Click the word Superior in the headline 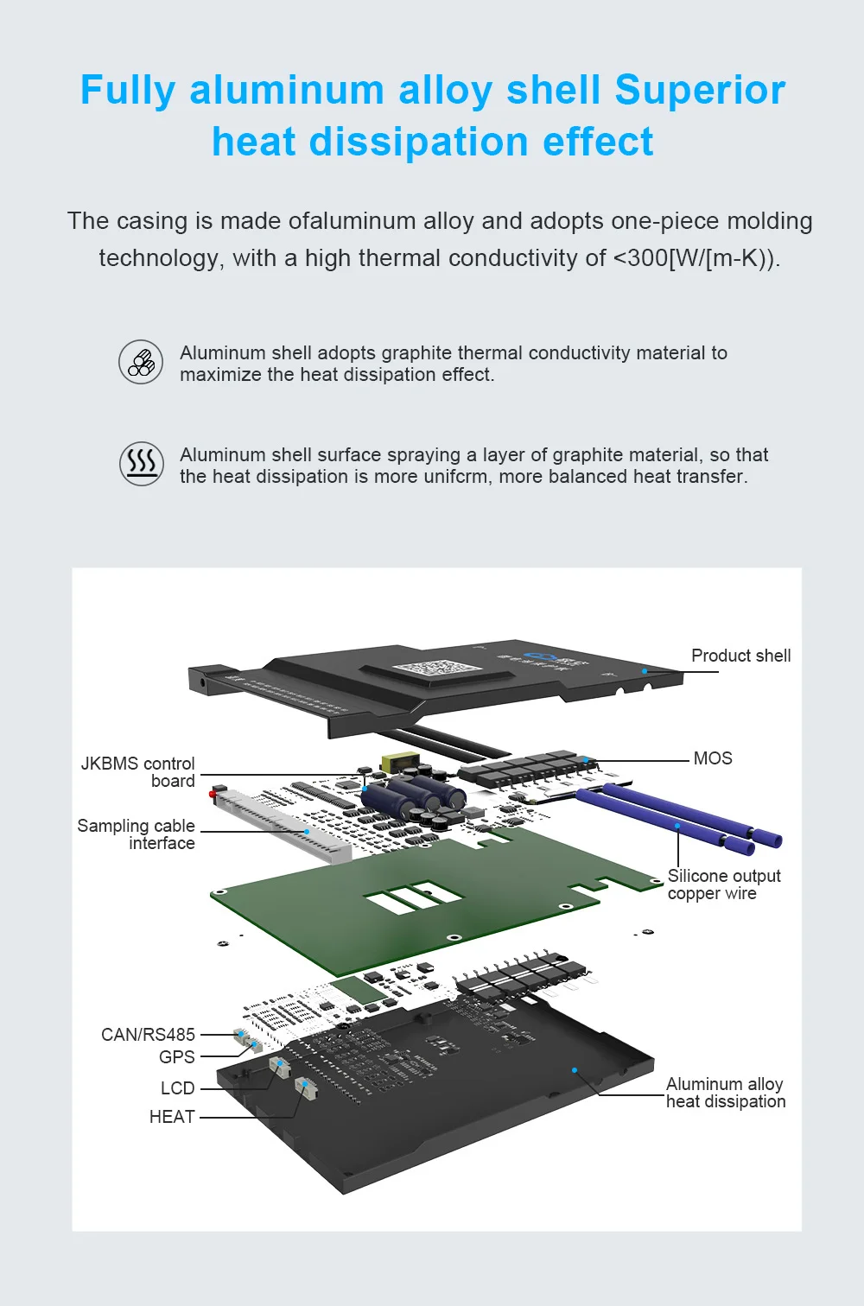click(x=700, y=90)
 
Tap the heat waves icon click(x=141, y=464)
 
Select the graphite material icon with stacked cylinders click(x=141, y=361)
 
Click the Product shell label click(x=741, y=656)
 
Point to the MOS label click(x=712, y=758)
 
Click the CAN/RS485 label click(x=149, y=1034)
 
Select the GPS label click(x=177, y=1056)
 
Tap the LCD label click(x=177, y=1088)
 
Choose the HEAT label click(x=172, y=1116)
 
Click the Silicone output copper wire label click(x=724, y=884)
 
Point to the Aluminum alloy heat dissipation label click(x=726, y=1093)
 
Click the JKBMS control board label click(x=137, y=772)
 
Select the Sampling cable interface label click(x=136, y=834)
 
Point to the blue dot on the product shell click(x=645, y=671)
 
